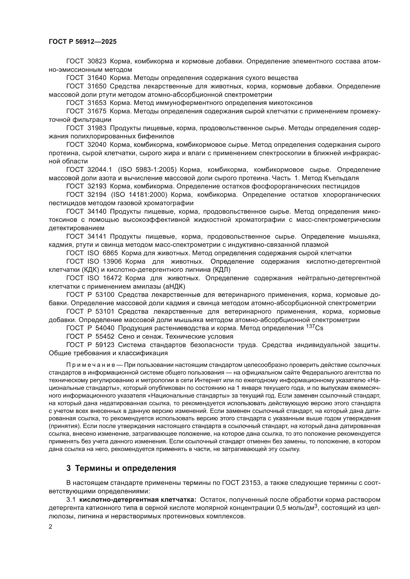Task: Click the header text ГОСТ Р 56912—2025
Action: click(x=83, y=42)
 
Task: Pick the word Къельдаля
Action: click(x=341, y=178)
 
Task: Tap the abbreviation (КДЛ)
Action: click(x=222, y=270)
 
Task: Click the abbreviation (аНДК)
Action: click(x=175, y=286)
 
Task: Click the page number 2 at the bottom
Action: click(x=51, y=527)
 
